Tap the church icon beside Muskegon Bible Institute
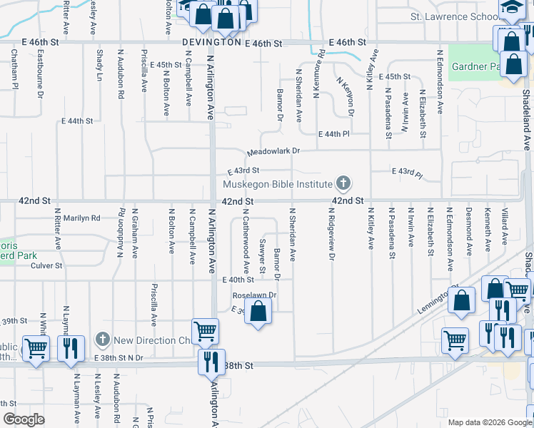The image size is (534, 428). (343, 183)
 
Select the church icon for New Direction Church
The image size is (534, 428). (102, 339)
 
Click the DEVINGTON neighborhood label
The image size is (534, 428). (211, 43)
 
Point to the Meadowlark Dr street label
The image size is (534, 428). (273, 152)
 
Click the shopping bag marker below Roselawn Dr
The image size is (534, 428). (258, 310)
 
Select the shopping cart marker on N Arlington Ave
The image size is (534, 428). (206, 330)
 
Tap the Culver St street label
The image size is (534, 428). (47, 266)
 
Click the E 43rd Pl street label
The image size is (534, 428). (408, 172)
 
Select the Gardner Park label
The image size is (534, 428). (475, 67)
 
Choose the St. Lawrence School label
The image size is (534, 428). (454, 16)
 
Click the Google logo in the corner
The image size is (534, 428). (24, 419)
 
